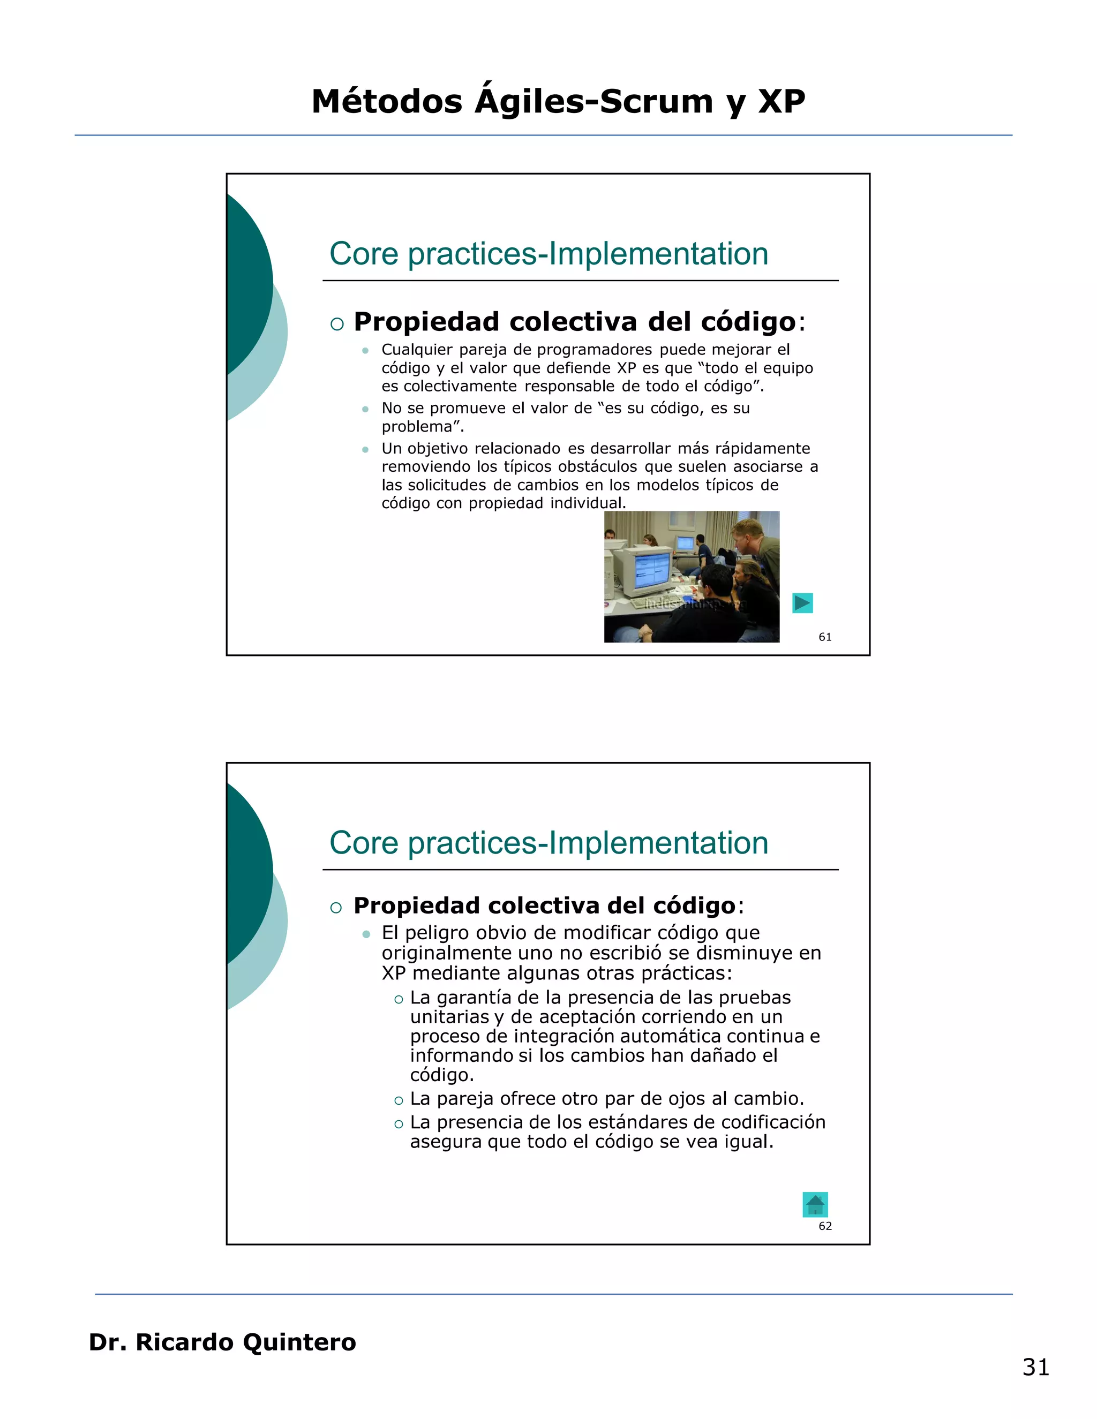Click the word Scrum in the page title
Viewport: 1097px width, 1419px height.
656,102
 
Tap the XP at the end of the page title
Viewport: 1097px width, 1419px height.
782,102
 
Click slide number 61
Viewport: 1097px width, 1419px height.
825,637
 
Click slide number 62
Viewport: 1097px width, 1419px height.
825,1226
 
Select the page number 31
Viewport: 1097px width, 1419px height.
1035,1367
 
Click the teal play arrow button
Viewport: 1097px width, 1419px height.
802,603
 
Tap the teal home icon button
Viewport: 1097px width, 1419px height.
815,1205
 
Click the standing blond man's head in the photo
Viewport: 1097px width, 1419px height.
747,534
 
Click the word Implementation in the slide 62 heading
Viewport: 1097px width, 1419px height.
658,843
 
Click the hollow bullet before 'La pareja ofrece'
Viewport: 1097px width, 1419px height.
399,1099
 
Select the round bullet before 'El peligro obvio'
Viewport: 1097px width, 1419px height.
366,934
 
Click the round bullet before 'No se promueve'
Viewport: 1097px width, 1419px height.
365,409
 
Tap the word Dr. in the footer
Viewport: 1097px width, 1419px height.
107,1342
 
